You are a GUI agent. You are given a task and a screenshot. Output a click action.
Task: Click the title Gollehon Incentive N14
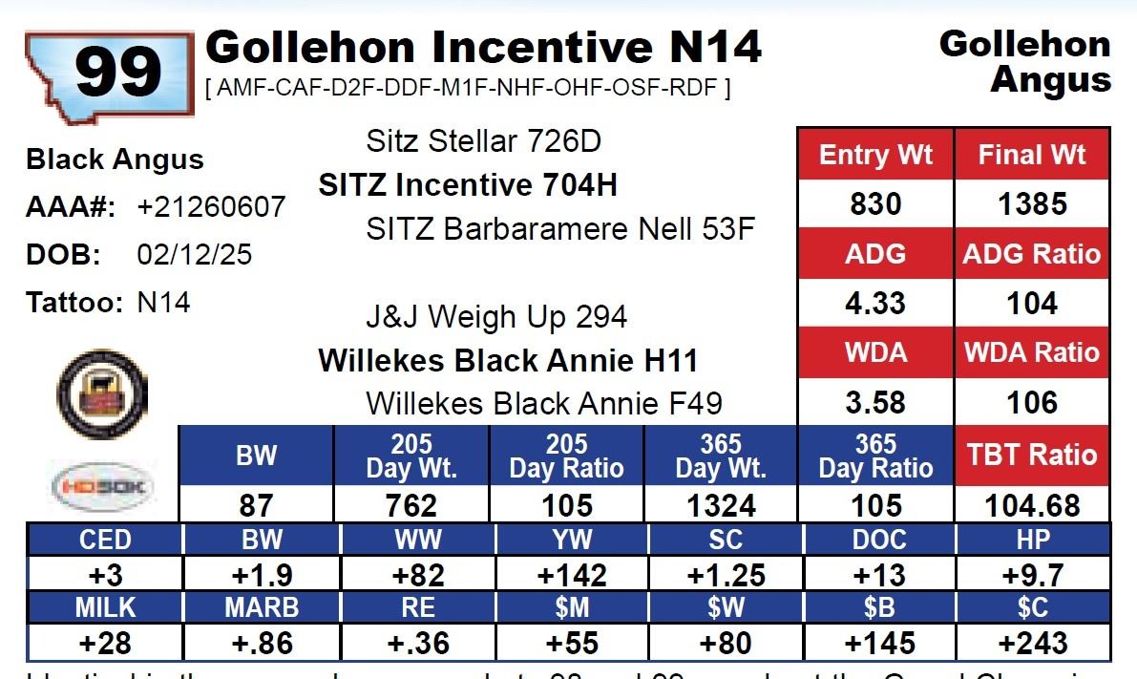click(x=484, y=46)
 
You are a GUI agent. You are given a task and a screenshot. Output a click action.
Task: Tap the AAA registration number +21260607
click(x=211, y=207)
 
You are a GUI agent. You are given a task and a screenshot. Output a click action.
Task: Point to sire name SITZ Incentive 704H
click(x=468, y=185)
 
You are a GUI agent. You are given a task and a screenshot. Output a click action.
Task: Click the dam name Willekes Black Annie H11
click(x=508, y=361)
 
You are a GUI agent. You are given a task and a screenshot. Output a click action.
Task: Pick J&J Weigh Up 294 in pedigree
click(x=496, y=317)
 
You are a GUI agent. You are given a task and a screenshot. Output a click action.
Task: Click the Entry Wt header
click(x=875, y=155)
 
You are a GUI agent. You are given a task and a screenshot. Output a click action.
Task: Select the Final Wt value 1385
click(x=1032, y=204)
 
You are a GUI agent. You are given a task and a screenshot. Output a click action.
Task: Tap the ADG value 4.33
click(x=875, y=304)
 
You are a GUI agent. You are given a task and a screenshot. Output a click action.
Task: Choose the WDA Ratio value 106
click(x=1032, y=402)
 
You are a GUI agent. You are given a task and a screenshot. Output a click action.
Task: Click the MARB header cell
click(x=261, y=606)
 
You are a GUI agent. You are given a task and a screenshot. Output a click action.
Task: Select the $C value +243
click(x=1033, y=643)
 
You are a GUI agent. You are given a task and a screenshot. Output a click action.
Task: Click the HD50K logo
click(x=102, y=486)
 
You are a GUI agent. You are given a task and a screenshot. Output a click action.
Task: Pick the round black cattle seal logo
click(x=102, y=393)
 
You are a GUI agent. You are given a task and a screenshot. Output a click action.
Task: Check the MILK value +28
click(x=105, y=643)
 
